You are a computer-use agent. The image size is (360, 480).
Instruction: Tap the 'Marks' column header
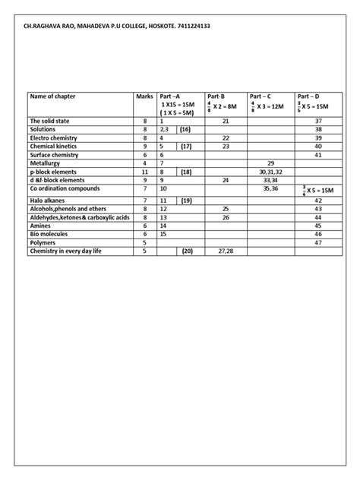[144, 96]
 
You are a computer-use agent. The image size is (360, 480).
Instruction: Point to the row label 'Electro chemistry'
[54, 137]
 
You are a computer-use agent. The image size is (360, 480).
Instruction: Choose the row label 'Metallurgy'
[46, 163]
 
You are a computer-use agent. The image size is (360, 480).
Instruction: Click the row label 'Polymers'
[43, 242]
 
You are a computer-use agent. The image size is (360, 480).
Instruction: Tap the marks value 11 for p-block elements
[144, 171]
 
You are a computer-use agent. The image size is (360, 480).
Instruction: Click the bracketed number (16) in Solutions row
[186, 130]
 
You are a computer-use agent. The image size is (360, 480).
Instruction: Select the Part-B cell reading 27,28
[226, 251]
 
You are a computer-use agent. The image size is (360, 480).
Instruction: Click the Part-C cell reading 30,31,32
[270, 171]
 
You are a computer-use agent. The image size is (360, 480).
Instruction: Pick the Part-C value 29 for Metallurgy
[270, 163]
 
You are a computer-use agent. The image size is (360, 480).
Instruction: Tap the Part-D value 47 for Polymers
[318, 242]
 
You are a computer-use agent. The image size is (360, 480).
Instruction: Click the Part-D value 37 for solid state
[318, 122]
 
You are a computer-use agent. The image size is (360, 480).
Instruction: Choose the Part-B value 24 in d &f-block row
[226, 179]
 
